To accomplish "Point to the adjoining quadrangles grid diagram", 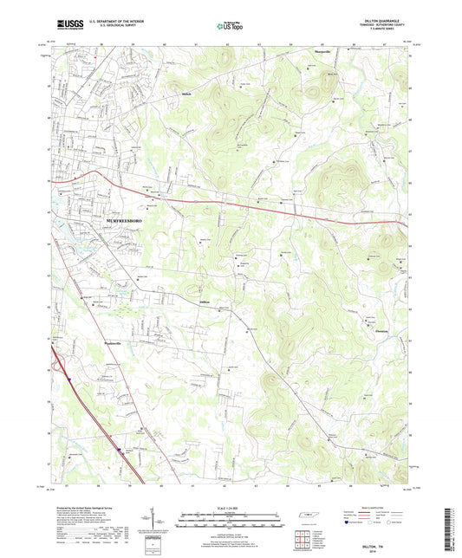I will pyautogui.click(x=300, y=538).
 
